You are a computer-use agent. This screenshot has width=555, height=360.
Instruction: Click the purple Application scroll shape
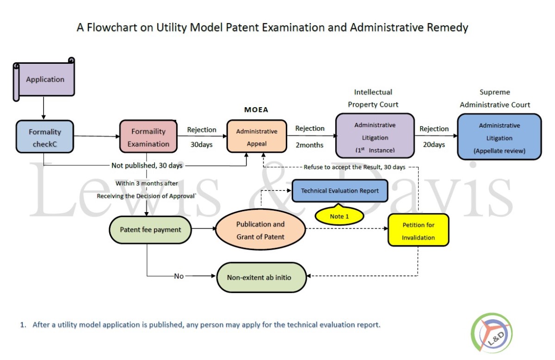44,79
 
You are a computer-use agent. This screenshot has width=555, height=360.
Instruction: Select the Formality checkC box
45,137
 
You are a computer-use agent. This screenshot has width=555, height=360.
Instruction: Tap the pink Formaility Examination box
148,136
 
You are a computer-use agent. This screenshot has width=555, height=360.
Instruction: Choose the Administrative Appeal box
257,136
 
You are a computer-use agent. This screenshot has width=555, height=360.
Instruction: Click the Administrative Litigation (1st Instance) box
375,136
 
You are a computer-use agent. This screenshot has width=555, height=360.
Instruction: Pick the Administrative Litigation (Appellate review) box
499,137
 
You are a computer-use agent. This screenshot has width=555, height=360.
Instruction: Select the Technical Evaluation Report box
340,191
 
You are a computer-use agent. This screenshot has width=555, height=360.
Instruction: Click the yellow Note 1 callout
339,215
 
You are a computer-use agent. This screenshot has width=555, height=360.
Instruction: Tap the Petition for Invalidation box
418,230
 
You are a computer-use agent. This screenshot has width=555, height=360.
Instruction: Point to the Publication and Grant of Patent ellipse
260,230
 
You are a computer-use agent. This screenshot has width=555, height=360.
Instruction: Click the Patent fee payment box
150,230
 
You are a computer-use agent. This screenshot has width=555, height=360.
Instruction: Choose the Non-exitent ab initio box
261,277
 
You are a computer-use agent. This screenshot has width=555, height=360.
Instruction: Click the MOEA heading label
256,110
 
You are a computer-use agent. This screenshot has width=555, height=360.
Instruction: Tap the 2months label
309,145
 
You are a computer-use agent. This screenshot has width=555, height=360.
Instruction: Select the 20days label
434,145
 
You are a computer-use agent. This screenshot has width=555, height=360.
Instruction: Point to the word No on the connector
179,276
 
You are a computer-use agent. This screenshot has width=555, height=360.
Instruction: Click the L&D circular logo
492,333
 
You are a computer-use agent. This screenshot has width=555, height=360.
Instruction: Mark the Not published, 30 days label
147,165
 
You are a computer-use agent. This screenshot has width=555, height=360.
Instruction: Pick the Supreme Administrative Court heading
495,98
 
